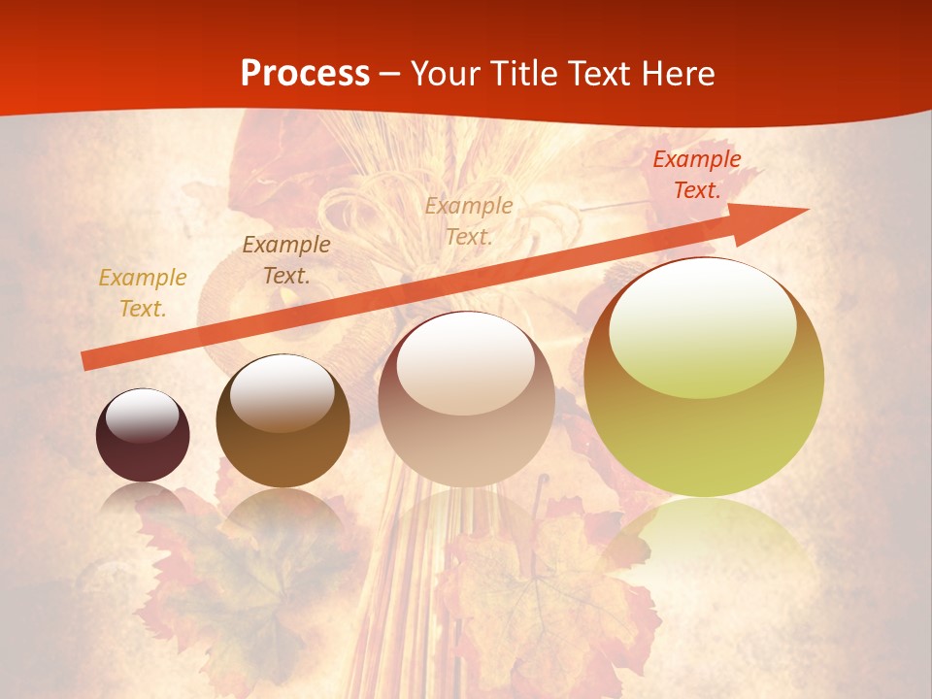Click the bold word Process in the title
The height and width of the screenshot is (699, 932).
point(305,74)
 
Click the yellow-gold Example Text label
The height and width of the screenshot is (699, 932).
point(143,293)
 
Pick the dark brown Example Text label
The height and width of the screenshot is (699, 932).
point(286,260)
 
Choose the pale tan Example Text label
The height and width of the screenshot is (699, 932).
point(469,220)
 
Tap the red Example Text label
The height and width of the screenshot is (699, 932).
point(696,175)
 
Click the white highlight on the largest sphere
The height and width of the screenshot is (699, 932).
point(703,325)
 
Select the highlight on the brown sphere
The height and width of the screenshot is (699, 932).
point(282,392)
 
